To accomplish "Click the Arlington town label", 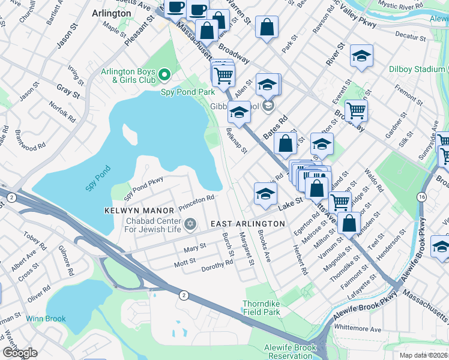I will pyautogui.click(x=111, y=13).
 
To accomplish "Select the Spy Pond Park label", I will pyautogui.click(x=187, y=92).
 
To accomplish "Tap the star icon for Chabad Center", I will pyautogui.click(x=190, y=224).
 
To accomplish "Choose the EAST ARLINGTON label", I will pyautogui.click(x=248, y=224).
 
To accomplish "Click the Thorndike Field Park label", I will pyautogui.click(x=261, y=308).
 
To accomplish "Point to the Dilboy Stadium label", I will pyautogui.click(x=417, y=70).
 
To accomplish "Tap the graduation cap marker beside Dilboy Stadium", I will pyautogui.click(x=361, y=55).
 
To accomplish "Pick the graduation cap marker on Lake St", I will pyautogui.click(x=265, y=193).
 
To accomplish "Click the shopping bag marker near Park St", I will pyautogui.click(x=267, y=27).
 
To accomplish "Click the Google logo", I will pyautogui.click(x=19, y=353).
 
